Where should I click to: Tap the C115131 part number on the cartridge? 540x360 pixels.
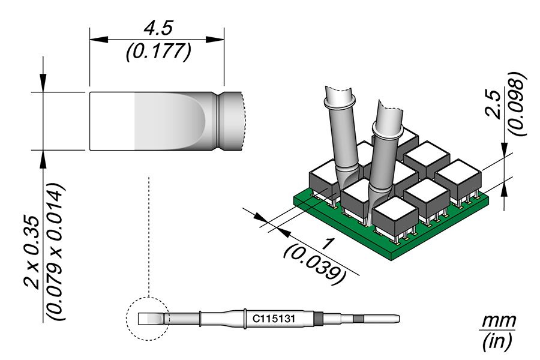[274, 319]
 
